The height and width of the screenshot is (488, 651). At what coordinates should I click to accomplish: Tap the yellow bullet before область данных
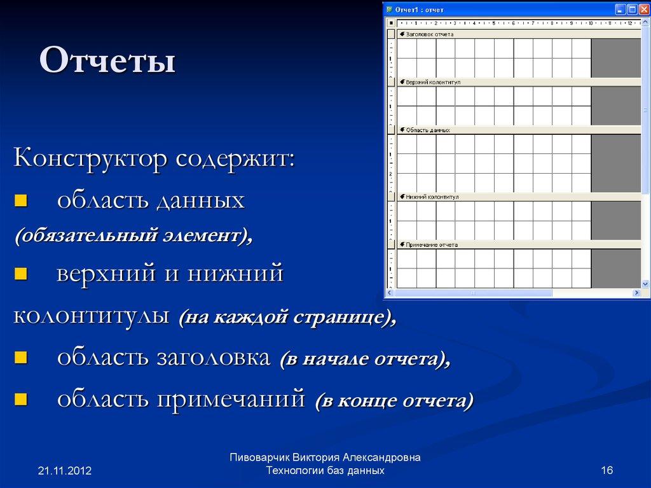(x=20, y=202)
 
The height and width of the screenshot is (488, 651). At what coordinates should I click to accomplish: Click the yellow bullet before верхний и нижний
(x=20, y=274)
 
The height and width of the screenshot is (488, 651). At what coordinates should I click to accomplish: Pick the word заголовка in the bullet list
(x=213, y=358)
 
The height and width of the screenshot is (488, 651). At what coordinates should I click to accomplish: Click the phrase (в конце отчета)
(x=394, y=401)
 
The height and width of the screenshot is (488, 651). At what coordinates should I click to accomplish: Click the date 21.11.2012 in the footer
(x=65, y=471)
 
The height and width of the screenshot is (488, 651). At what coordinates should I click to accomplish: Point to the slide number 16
(x=606, y=470)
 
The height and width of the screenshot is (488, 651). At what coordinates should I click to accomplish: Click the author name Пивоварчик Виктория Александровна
(x=325, y=457)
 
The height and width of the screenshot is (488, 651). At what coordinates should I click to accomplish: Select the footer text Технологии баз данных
(x=325, y=471)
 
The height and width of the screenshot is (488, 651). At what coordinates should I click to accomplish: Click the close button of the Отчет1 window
(x=643, y=10)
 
